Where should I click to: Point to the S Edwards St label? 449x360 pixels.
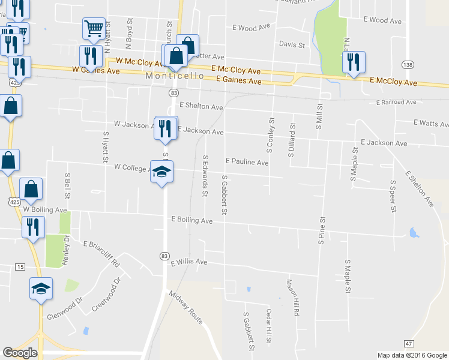coord(205,176)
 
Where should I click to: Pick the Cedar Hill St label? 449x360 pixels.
coord(269,326)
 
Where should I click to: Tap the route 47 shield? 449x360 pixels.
coord(408,343)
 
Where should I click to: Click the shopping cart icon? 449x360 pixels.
coord(93,28)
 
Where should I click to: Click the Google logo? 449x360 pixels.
coord(20,353)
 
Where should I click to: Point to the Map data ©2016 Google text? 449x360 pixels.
coord(411,355)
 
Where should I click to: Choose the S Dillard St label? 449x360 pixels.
coord(292,140)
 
